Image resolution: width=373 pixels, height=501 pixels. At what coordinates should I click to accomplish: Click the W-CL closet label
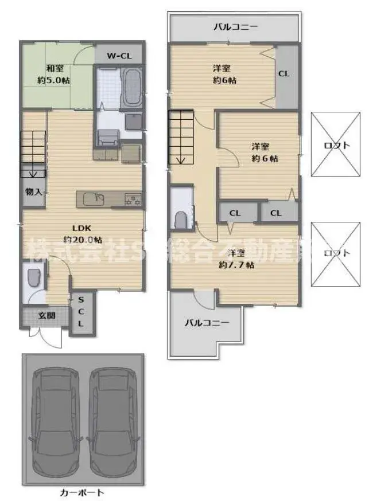coord(119,56)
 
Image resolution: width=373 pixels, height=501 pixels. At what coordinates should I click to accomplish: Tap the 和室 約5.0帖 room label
coord(54,75)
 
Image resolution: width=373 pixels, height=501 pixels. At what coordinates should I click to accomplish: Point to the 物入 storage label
coord(33,191)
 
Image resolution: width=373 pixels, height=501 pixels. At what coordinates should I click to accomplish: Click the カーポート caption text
coord(82,492)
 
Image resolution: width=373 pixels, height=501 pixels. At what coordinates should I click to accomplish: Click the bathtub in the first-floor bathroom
coord(132,87)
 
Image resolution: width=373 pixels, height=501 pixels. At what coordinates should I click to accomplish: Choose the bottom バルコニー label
coord(207,323)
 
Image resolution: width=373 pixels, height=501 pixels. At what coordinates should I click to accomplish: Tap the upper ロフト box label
coord(336,145)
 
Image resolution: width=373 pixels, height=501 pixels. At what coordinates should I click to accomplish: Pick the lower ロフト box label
coord(336,253)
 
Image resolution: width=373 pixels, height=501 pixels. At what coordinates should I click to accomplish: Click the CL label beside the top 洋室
coord(283,73)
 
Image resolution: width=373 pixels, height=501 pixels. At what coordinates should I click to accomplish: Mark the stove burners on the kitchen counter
coord(133,199)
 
